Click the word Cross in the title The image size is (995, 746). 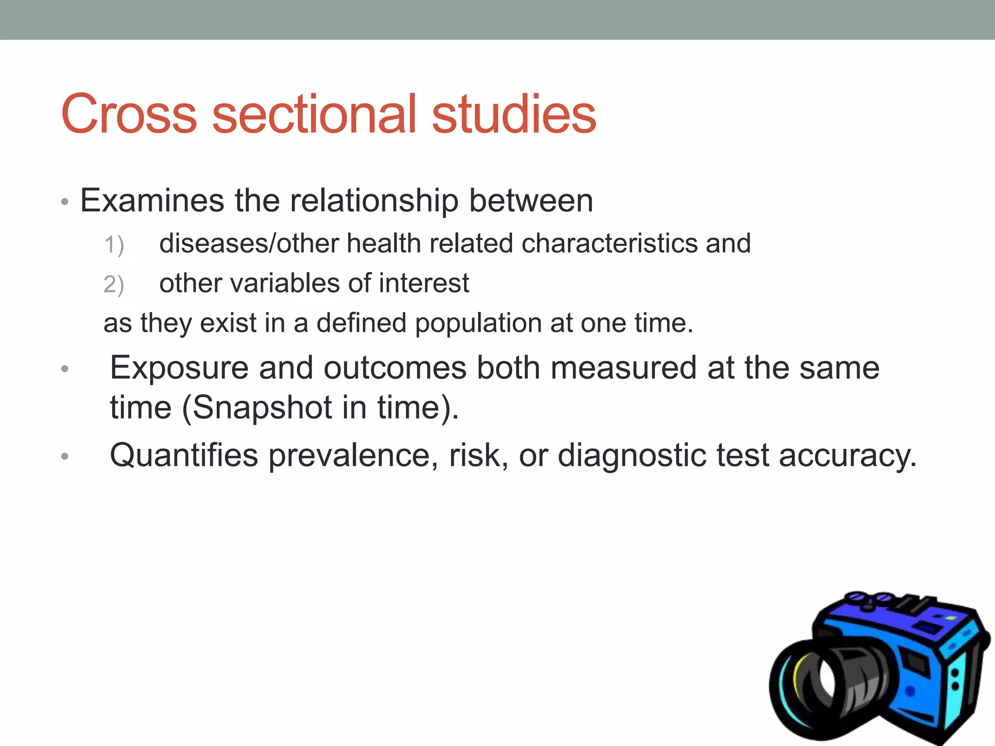coord(129,114)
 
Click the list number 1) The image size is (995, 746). coord(114,244)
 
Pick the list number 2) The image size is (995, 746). coord(114,285)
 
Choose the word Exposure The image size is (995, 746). coord(179,368)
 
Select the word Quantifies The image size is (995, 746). coord(184,456)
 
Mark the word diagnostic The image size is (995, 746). coord(632,456)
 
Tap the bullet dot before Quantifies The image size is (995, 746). coord(65,456)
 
